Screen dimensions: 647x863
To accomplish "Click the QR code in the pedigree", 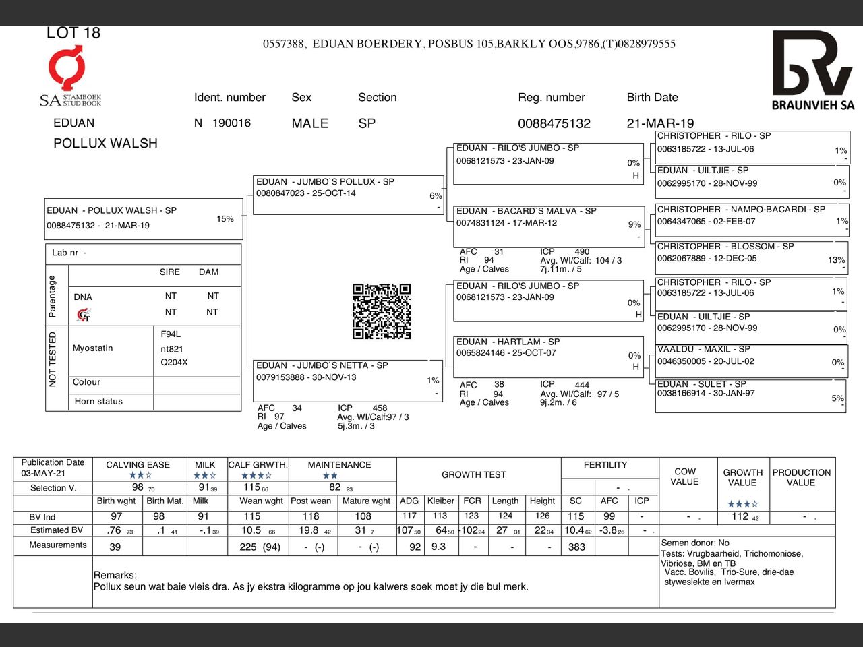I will (382, 311).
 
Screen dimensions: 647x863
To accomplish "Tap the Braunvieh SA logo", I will (812, 70).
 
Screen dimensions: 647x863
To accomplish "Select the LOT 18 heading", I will (73, 33).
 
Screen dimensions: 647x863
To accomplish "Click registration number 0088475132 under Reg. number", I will (554, 123).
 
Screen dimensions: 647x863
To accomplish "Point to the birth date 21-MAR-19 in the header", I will (660, 123).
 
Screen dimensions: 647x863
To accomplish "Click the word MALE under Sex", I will (309, 123).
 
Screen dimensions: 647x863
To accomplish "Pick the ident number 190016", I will (231, 123).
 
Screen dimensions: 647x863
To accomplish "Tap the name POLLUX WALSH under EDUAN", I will (105, 143).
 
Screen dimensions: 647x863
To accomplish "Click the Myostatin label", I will (92, 348).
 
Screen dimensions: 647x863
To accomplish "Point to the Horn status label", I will (98, 402).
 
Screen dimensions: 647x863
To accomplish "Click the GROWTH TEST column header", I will (473, 474).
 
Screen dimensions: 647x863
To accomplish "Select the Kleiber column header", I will (440, 501).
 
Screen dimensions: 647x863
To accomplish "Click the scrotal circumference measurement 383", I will (576, 547).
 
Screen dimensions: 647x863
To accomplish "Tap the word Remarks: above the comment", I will (115, 575).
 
